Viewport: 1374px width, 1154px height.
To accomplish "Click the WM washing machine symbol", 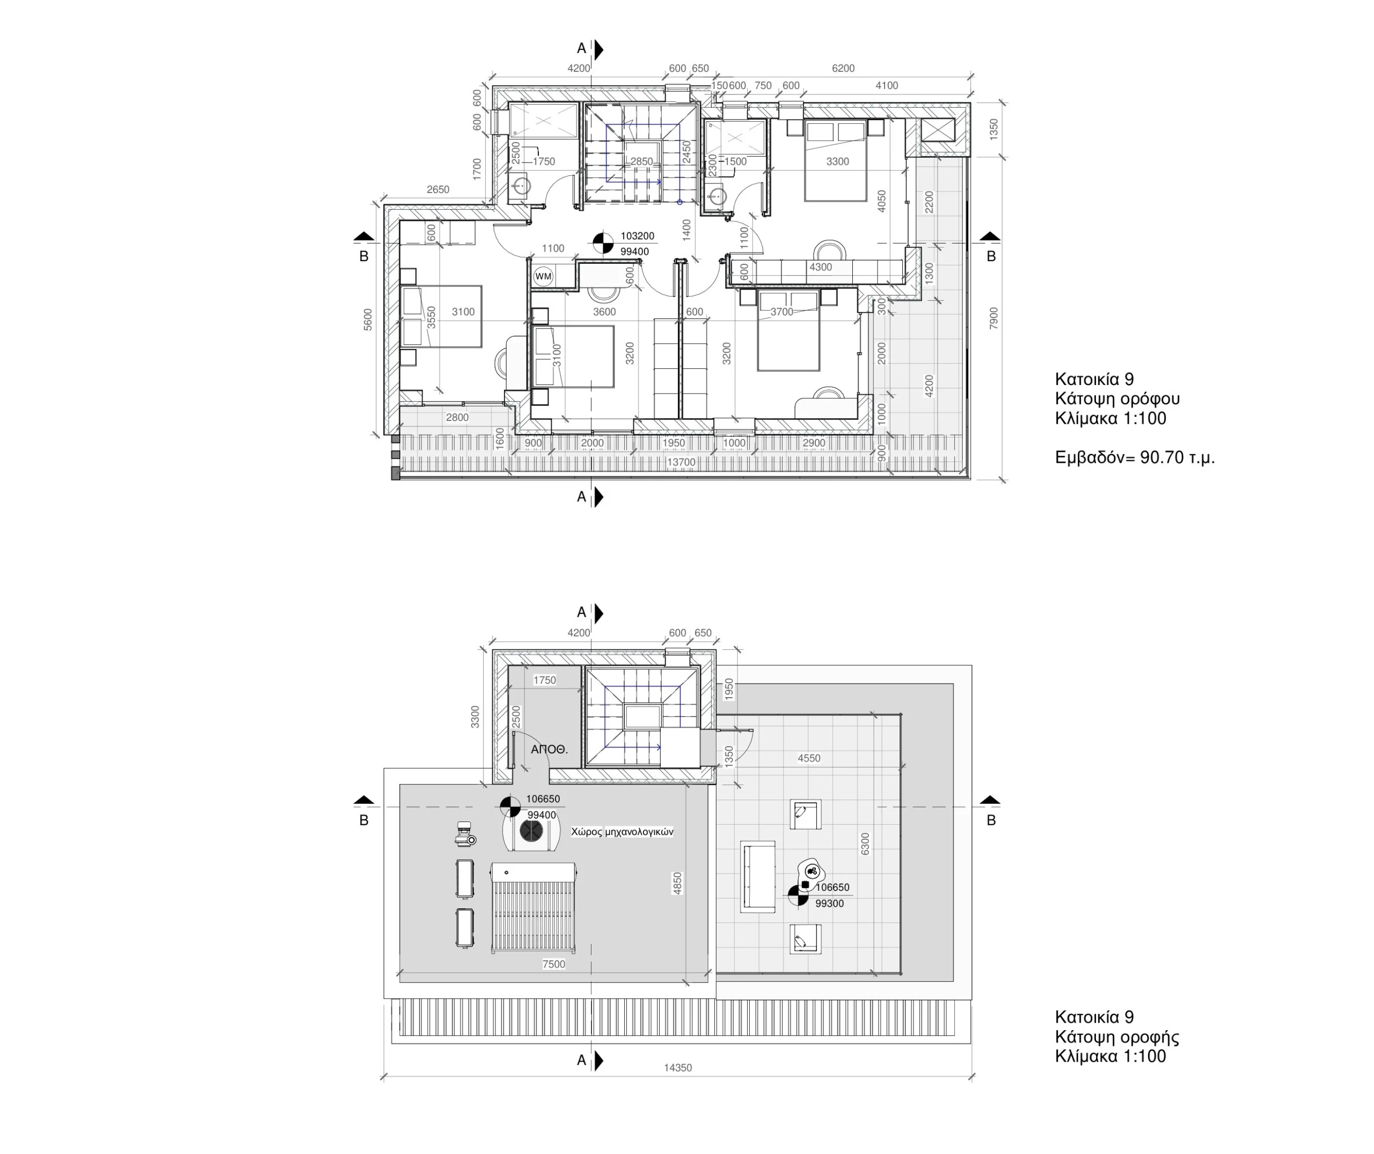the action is point(543,277).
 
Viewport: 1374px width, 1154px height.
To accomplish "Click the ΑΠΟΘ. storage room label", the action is point(549,750).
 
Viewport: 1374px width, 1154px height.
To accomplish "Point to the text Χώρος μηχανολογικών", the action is point(622,832).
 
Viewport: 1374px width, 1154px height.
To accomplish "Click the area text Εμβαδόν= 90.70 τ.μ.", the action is point(1135,457).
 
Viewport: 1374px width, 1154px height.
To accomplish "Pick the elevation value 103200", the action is point(637,236).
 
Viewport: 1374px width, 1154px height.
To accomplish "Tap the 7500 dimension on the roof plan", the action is point(554,964).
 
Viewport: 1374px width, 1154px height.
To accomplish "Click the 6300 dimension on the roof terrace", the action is point(865,844).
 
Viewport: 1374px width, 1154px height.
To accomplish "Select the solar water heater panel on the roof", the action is point(533,907).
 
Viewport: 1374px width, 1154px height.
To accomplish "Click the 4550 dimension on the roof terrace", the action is point(808,758).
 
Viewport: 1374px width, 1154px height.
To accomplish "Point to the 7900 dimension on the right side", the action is point(993,318).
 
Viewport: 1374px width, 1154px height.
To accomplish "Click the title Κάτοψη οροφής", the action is point(1117,1037).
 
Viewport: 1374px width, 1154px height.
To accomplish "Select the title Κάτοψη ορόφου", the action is point(1117,398).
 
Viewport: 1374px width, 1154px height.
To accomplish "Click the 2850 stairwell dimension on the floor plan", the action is point(641,161).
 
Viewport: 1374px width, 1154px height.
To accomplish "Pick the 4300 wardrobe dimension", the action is point(820,267).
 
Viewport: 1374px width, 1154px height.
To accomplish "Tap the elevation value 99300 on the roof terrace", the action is point(829,904).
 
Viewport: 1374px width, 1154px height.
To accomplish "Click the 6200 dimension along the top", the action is point(843,68).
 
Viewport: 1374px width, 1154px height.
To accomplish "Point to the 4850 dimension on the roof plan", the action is point(677,883).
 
